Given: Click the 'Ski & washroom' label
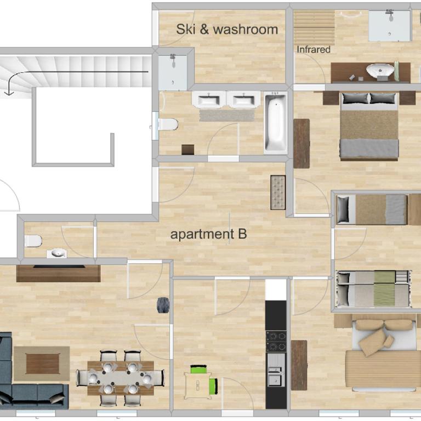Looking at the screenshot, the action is [x=227, y=29].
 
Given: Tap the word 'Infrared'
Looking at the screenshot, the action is [x=314, y=49].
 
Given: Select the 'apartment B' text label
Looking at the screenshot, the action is [x=209, y=234].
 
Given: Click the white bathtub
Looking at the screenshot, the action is [x=276, y=123].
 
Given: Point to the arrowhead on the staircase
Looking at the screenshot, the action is [x=9, y=93].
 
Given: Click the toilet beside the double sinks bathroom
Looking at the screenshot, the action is [x=168, y=124].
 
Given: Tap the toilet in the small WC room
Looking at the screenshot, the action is [x=33, y=241].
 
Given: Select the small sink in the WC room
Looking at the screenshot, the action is [x=56, y=253].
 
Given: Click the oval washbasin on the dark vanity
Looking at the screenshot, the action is [x=380, y=70].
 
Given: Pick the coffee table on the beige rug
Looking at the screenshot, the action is [x=43, y=364].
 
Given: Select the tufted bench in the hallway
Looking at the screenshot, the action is [x=278, y=192].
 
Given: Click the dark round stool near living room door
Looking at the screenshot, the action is [x=163, y=305].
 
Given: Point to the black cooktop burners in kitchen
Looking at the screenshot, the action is [x=276, y=342].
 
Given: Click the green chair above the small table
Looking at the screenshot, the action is [x=198, y=369].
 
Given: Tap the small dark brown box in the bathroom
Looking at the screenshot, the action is [x=187, y=150].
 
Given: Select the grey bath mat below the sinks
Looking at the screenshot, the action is [x=226, y=116].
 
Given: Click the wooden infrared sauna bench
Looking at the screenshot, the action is [x=314, y=27].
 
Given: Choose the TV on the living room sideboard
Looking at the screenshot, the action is [x=59, y=266].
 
